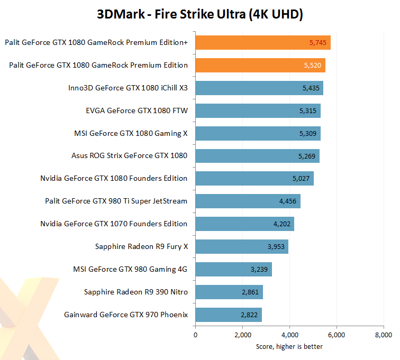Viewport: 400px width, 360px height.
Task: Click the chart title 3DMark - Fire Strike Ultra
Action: (200, 14)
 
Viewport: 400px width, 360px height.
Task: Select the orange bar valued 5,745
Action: (263, 43)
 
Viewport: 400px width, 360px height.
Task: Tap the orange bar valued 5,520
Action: (260, 66)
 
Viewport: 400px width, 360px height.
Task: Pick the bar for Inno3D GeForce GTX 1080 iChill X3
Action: (259, 88)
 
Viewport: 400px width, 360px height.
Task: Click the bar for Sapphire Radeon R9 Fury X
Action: (242, 247)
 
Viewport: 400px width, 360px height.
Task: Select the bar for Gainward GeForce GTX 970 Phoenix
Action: (229, 315)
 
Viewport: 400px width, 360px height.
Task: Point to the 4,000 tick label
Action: (289, 335)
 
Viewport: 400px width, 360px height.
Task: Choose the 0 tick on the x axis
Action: (196, 335)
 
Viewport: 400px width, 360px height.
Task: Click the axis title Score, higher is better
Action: (289, 346)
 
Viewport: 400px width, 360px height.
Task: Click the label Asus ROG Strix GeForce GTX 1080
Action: (129, 156)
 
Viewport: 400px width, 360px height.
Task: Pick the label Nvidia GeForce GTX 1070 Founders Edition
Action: (114, 224)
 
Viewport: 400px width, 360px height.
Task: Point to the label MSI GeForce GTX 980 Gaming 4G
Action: (130, 269)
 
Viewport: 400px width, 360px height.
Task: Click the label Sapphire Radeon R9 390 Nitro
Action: (136, 292)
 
